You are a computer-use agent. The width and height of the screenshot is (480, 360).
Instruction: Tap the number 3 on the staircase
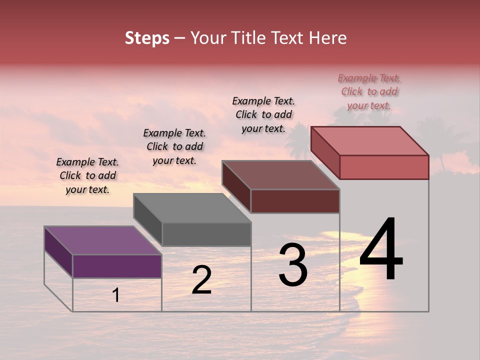tap(292, 265)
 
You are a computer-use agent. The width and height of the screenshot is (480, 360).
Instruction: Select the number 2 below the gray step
tap(201, 280)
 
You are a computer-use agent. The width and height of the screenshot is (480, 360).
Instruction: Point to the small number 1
tap(116, 295)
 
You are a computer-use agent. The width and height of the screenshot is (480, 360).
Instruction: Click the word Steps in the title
tap(147, 38)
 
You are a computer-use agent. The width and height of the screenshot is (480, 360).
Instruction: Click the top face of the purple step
tap(102, 240)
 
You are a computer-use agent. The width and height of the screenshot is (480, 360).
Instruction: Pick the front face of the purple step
tap(117, 266)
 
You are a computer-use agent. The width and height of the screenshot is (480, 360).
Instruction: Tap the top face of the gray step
tap(192, 208)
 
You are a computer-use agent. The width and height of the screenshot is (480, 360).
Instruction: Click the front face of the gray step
tap(206, 234)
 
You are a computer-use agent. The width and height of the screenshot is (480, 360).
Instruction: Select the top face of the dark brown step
tap(280, 175)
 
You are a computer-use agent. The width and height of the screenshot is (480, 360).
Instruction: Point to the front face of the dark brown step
tap(295, 201)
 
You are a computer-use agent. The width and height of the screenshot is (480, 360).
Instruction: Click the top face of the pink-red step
tap(370, 141)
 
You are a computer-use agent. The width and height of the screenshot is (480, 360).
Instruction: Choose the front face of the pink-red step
tap(384, 167)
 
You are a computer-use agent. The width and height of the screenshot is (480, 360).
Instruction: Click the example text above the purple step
tap(87, 176)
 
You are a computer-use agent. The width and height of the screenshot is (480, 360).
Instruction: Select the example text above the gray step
tap(174, 146)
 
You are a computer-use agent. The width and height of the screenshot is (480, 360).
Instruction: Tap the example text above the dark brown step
tap(263, 114)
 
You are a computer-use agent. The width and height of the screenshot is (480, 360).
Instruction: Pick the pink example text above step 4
tap(369, 91)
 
